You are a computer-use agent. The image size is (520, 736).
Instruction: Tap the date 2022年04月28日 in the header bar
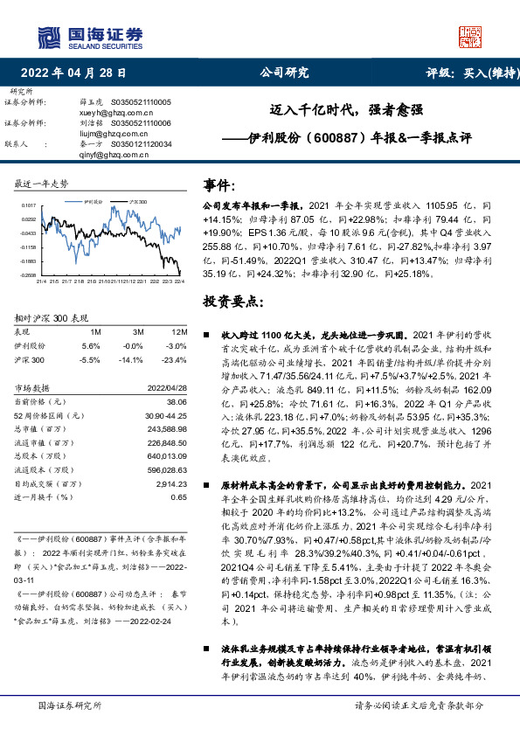(x=78, y=73)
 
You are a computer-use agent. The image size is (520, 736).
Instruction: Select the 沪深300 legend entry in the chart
(x=136, y=200)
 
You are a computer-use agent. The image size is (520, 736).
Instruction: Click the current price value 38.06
(x=177, y=401)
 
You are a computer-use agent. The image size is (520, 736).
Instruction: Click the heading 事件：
(x=218, y=184)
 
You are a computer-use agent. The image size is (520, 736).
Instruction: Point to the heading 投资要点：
(x=232, y=302)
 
